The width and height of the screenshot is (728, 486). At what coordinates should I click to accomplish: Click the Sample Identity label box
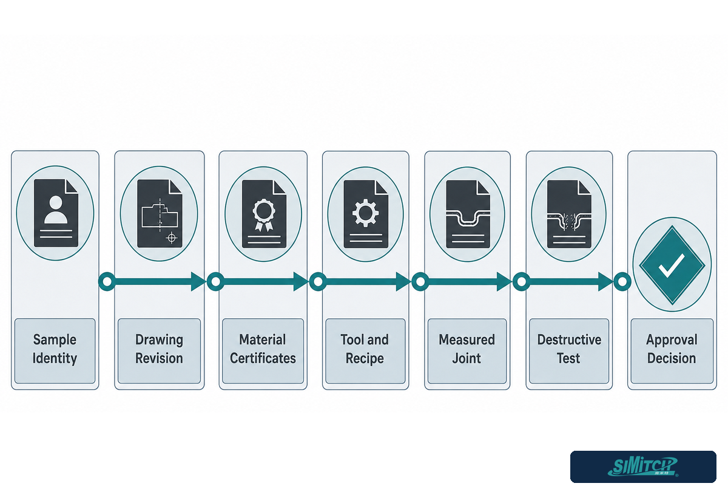coord(55,351)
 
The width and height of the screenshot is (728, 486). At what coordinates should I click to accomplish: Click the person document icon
coord(56,213)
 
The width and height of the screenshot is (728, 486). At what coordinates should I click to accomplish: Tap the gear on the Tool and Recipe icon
coord(365,213)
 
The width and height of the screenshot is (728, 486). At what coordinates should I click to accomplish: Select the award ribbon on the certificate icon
coord(264,215)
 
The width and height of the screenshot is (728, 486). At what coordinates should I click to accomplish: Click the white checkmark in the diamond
coord(672,265)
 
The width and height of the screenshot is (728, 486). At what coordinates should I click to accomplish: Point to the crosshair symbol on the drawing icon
coord(172,238)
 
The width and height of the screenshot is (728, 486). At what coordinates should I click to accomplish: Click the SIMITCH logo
coord(643,467)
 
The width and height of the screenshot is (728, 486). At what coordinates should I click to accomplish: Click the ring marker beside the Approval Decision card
coord(622,281)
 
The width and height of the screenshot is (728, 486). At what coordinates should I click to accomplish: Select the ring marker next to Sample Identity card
coord(107,281)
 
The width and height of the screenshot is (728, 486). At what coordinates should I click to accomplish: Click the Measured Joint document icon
coord(468,214)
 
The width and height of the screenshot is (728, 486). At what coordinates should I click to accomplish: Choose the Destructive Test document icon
coord(569,214)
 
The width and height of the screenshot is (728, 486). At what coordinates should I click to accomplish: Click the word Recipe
coord(365,358)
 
